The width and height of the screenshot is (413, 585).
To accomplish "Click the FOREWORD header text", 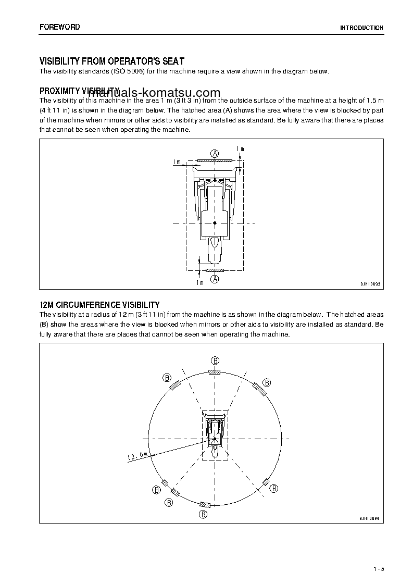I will pyautogui.click(x=59, y=27).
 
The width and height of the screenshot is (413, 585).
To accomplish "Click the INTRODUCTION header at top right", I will pyautogui.click(x=361, y=28).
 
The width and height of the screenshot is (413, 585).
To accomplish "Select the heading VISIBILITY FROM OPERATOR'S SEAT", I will pyautogui.click(x=111, y=61).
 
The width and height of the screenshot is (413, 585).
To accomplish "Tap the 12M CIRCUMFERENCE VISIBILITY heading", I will pyautogui.click(x=99, y=305).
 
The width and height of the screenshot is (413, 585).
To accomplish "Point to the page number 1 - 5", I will pyautogui.click(x=378, y=568).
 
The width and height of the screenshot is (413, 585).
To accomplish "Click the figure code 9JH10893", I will pyautogui.click(x=370, y=284).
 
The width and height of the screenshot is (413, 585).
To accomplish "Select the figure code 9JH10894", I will pyautogui.click(x=370, y=518).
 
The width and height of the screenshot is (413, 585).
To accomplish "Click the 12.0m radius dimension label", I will pyautogui.click(x=137, y=456).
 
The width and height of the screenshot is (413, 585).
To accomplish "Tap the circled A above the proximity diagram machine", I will pyautogui.click(x=215, y=153).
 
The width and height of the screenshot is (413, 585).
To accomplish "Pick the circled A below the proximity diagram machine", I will pyautogui.click(x=215, y=279).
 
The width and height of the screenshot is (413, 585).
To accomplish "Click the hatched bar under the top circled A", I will pyautogui.click(x=215, y=161).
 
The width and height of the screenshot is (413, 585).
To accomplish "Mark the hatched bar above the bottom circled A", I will pyautogui.click(x=215, y=271).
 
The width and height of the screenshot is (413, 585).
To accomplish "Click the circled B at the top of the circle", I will pyautogui.click(x=215, y=360).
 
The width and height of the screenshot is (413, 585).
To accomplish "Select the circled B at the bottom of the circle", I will pyautogui.click(x=203, y=514).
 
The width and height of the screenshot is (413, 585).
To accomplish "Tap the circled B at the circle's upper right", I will pyautogui.click(x=266, y=382).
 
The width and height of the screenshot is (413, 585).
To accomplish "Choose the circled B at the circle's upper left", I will pyautogui.click(x=167, y=378).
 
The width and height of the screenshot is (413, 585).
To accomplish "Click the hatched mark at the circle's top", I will pyautogui.click(x=215, y=372).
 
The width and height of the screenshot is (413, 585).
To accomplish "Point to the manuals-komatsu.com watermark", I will pyautogui.click(x=154, y=92).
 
